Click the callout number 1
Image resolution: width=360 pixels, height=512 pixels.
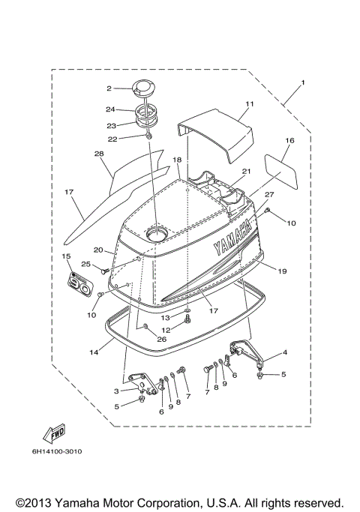coord(303,82)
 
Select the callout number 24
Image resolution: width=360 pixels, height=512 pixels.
coord(109,109)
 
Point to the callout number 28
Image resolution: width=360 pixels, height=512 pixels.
coord(97,154)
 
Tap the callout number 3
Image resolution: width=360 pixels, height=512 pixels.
coord(116,391)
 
